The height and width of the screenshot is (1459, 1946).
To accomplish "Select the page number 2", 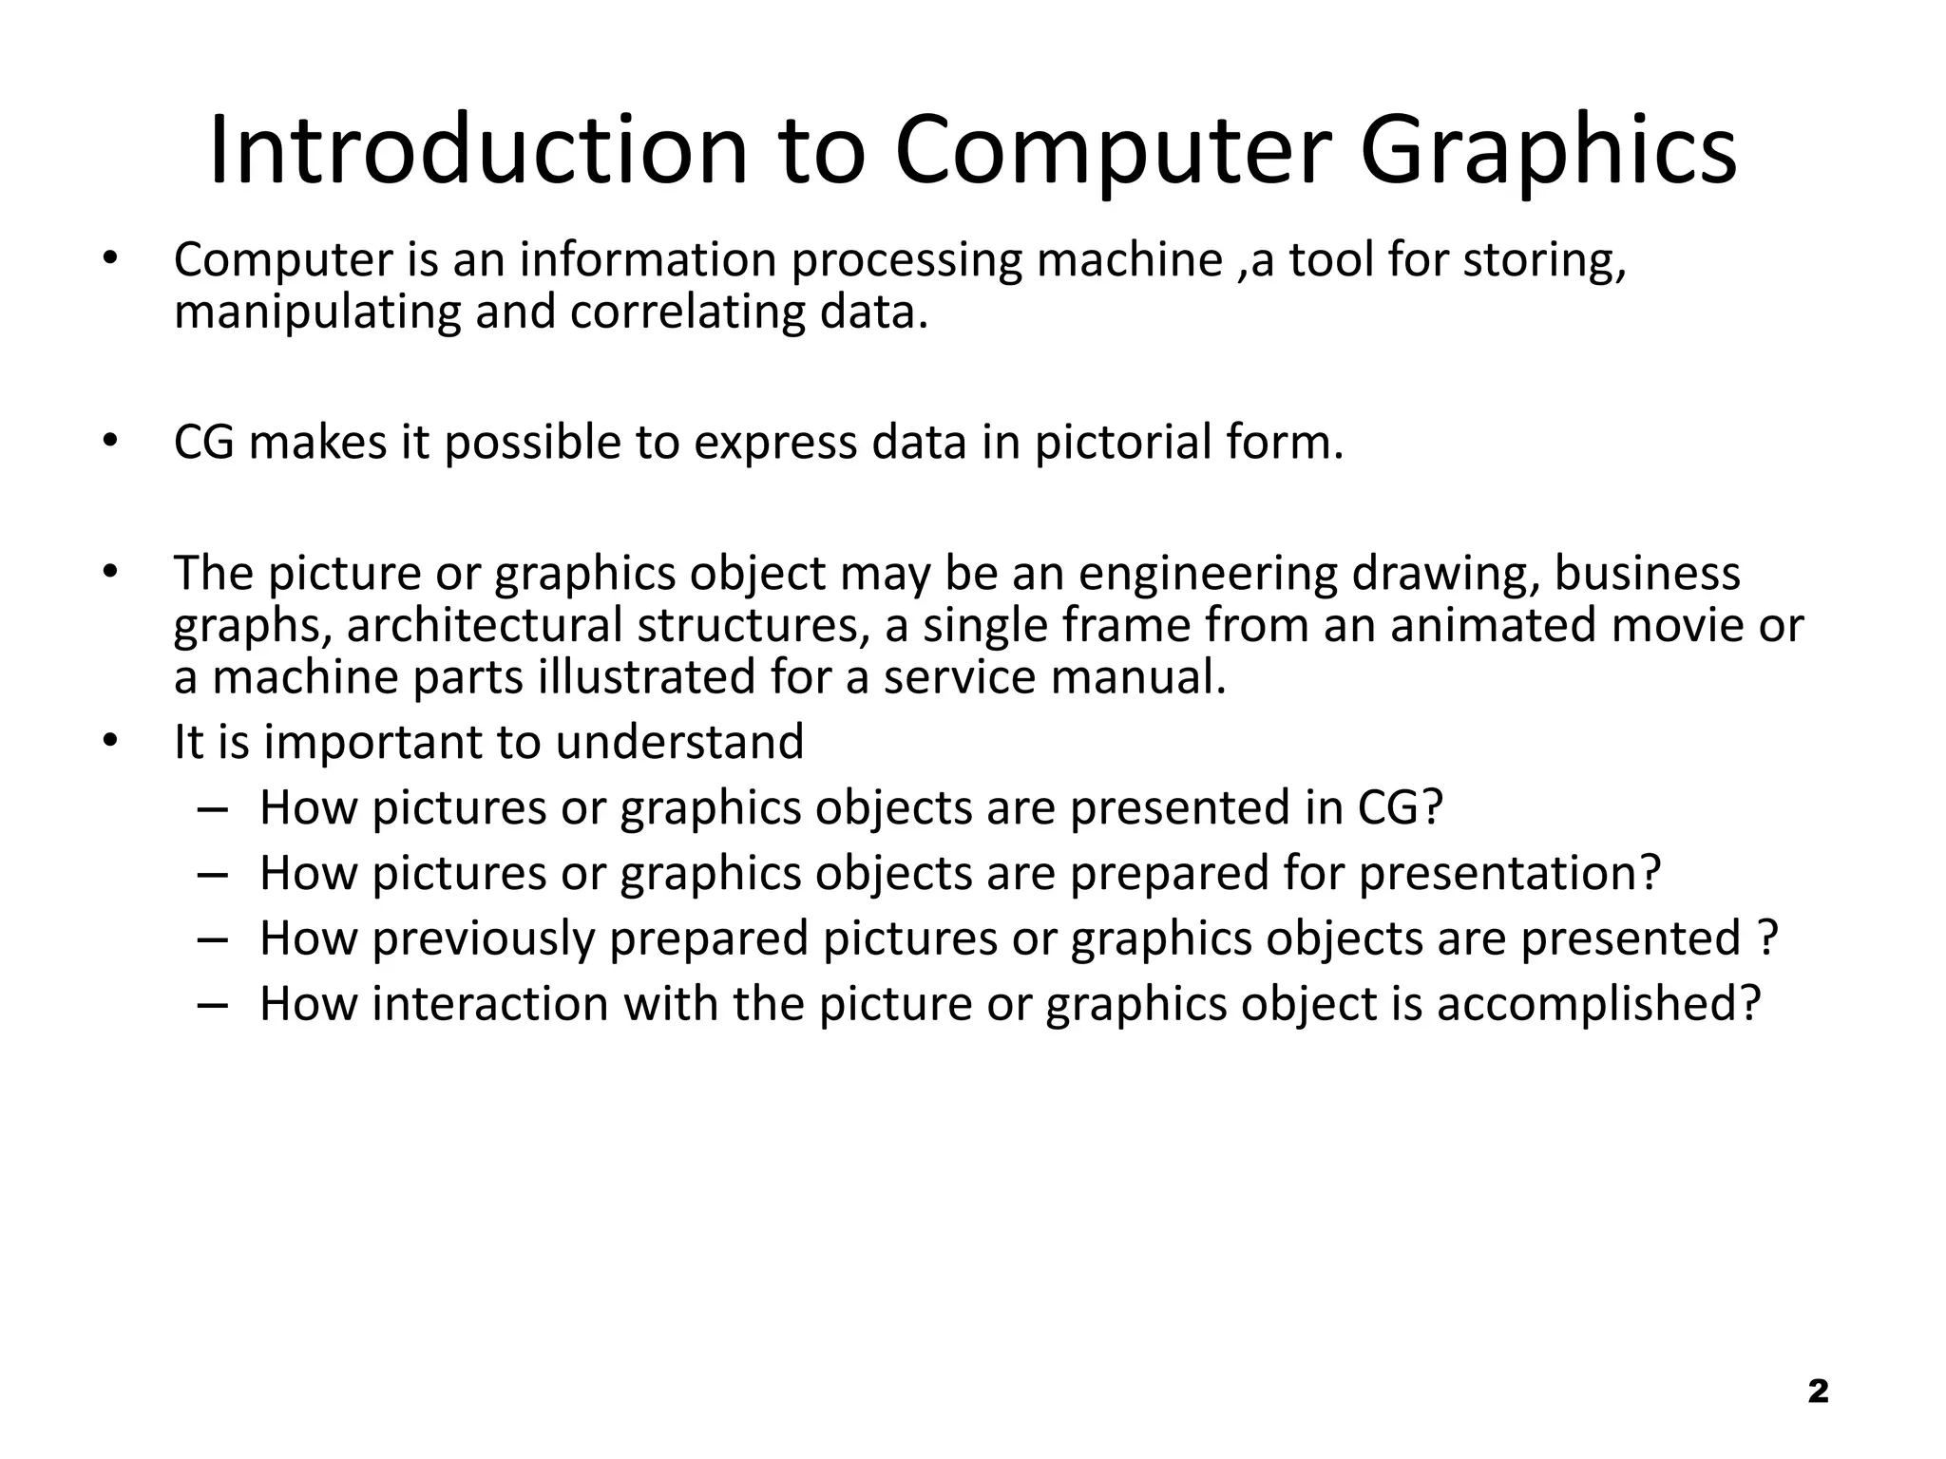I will tap(1818, 1392).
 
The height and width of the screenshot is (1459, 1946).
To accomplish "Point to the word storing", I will tap(1544, 261).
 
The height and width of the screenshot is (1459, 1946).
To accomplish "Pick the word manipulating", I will tap(317, 313).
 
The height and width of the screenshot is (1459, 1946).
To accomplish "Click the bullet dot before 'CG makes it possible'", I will tap(110, 441).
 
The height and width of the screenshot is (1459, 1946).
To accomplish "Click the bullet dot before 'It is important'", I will tap(110, 741).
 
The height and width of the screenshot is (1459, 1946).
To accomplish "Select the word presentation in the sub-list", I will tap(1510, 874).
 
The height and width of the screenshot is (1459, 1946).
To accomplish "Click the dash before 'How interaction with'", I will tap(214, 1004).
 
